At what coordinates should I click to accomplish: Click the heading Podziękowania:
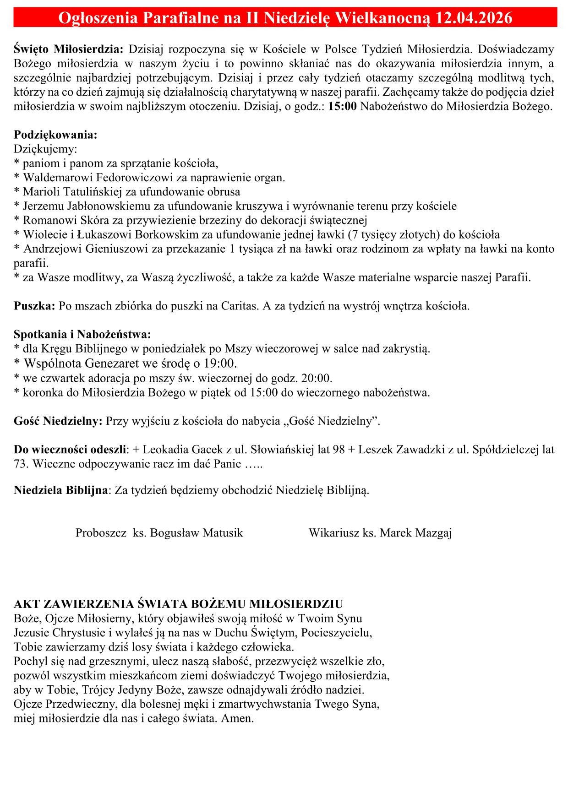click(x=55, y=135)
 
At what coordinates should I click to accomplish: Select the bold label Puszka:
click(x=34, y=306)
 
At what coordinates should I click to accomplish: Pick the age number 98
click(x=339, y=450)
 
